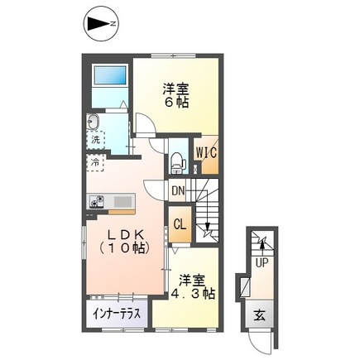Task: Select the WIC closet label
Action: pyautogui.click(x=205, y=153)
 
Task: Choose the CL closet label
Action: pyautogui.click(x=179, y=223)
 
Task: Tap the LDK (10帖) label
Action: pyautogui.click(x=123, y=240)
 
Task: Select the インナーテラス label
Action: pyautogui.click(x=117, y=313)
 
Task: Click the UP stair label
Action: pyautogui.click(x=262, y=264)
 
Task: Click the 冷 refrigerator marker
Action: pyautogui.click(x=97, y=162)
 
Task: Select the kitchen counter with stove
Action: pyautogui.click(x=110, y=200)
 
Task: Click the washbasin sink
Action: pyautogui.click(x=92, y=124)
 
